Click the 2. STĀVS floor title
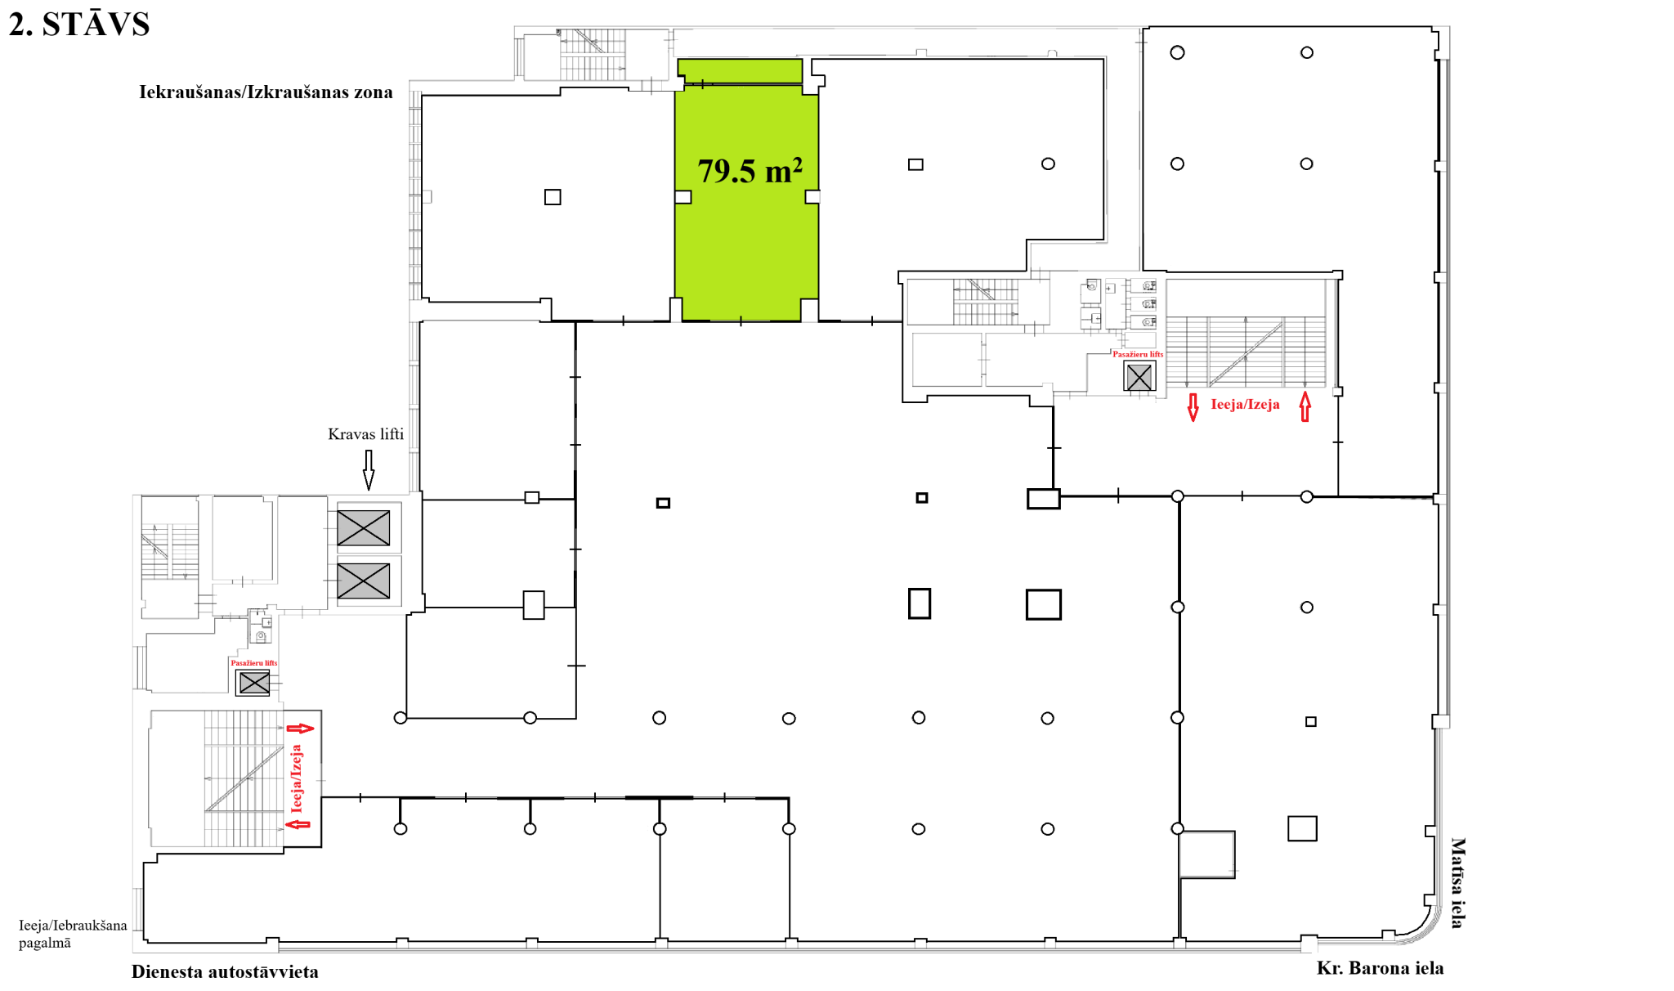(79, 25)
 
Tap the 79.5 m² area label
(750, 170)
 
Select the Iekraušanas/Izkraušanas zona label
(266, 92)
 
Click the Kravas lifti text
(365, 433)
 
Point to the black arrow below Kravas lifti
(369, 469)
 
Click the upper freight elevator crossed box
(364, 528)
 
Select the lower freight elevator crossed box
(364, 581)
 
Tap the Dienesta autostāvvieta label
(225, 971)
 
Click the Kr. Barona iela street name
(1380, 968)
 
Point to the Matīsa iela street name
(1457, 883)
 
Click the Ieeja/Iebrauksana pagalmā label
(73, 934)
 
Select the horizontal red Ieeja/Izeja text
(1245, 404)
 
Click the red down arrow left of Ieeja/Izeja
(1193, 406)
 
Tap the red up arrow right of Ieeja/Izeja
(1305, 406)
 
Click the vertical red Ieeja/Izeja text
(296, 778)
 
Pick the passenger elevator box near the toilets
(1139, 377)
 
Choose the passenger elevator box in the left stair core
(253, 682)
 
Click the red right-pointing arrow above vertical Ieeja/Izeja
(300, 728)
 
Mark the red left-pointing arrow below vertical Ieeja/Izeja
(298, 824)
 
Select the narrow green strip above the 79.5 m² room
(740, 70)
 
